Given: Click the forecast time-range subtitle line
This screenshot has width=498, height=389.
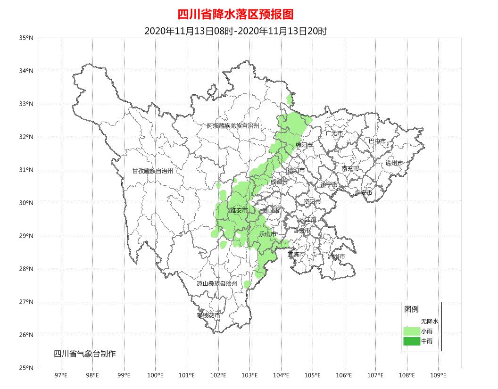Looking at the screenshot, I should (235, 31).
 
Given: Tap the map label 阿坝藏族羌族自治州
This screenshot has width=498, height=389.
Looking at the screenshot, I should (233, 126).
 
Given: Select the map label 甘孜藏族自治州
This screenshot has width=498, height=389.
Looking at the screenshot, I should (153, 171).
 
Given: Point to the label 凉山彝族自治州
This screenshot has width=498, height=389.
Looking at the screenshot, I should (217, 284).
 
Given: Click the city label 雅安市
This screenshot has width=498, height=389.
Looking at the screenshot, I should (239, 211).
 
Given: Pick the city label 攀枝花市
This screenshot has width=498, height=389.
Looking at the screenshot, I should (208, 315).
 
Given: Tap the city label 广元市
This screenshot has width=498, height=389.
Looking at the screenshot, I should (334, 133).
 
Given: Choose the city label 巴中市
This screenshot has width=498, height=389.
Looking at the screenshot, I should (377, 141).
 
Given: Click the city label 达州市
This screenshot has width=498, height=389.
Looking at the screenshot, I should (394, 163).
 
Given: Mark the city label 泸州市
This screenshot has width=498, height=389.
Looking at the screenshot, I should (336, 257).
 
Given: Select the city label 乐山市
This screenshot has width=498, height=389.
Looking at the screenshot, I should (267, 234).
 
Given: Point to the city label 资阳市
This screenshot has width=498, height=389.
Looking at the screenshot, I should (312, 202).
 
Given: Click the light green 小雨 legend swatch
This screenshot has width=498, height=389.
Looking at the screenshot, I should (412, 331).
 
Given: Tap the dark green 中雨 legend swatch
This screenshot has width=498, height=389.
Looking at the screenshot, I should (412, 341).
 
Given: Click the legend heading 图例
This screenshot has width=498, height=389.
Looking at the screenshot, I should (411, 309).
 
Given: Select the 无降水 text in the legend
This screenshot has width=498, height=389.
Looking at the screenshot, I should (430, 321).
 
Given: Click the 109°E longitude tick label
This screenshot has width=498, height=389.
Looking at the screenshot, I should (438, 375).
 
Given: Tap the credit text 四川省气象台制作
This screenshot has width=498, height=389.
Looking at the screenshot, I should (84, 354).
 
